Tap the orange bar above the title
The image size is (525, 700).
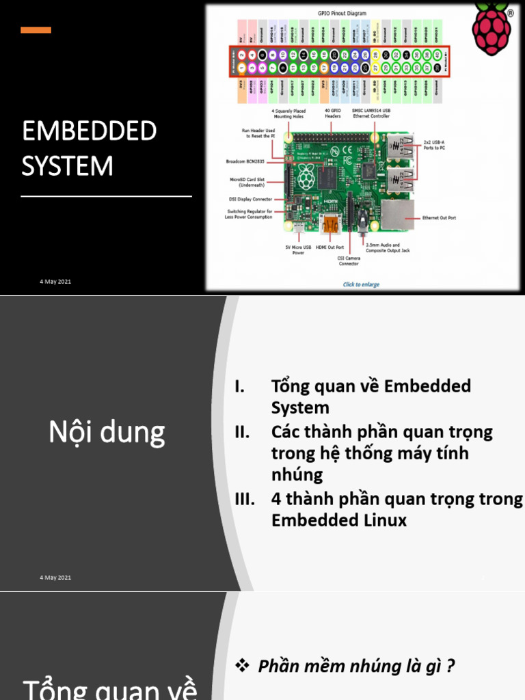click(36, 30)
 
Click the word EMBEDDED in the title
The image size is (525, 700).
click(90, 131)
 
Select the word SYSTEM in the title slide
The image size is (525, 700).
click(68, 165)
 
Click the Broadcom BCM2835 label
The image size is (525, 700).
click(245, 162)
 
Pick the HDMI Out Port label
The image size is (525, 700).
click(329, 247)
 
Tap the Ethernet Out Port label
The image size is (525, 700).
click(439, 218)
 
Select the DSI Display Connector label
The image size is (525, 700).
click(250, 199)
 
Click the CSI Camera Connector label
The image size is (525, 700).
click(349, 260)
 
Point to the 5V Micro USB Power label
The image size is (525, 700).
click(299, 250)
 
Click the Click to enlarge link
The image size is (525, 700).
click(361, 284)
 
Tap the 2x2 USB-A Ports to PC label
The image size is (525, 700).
click(434, 145)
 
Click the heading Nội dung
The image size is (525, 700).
click(107, 432)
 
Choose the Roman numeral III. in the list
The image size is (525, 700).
click(245, 499)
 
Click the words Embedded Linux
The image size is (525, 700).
click(339, 520)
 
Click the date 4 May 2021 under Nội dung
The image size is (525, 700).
click(55, 578)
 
